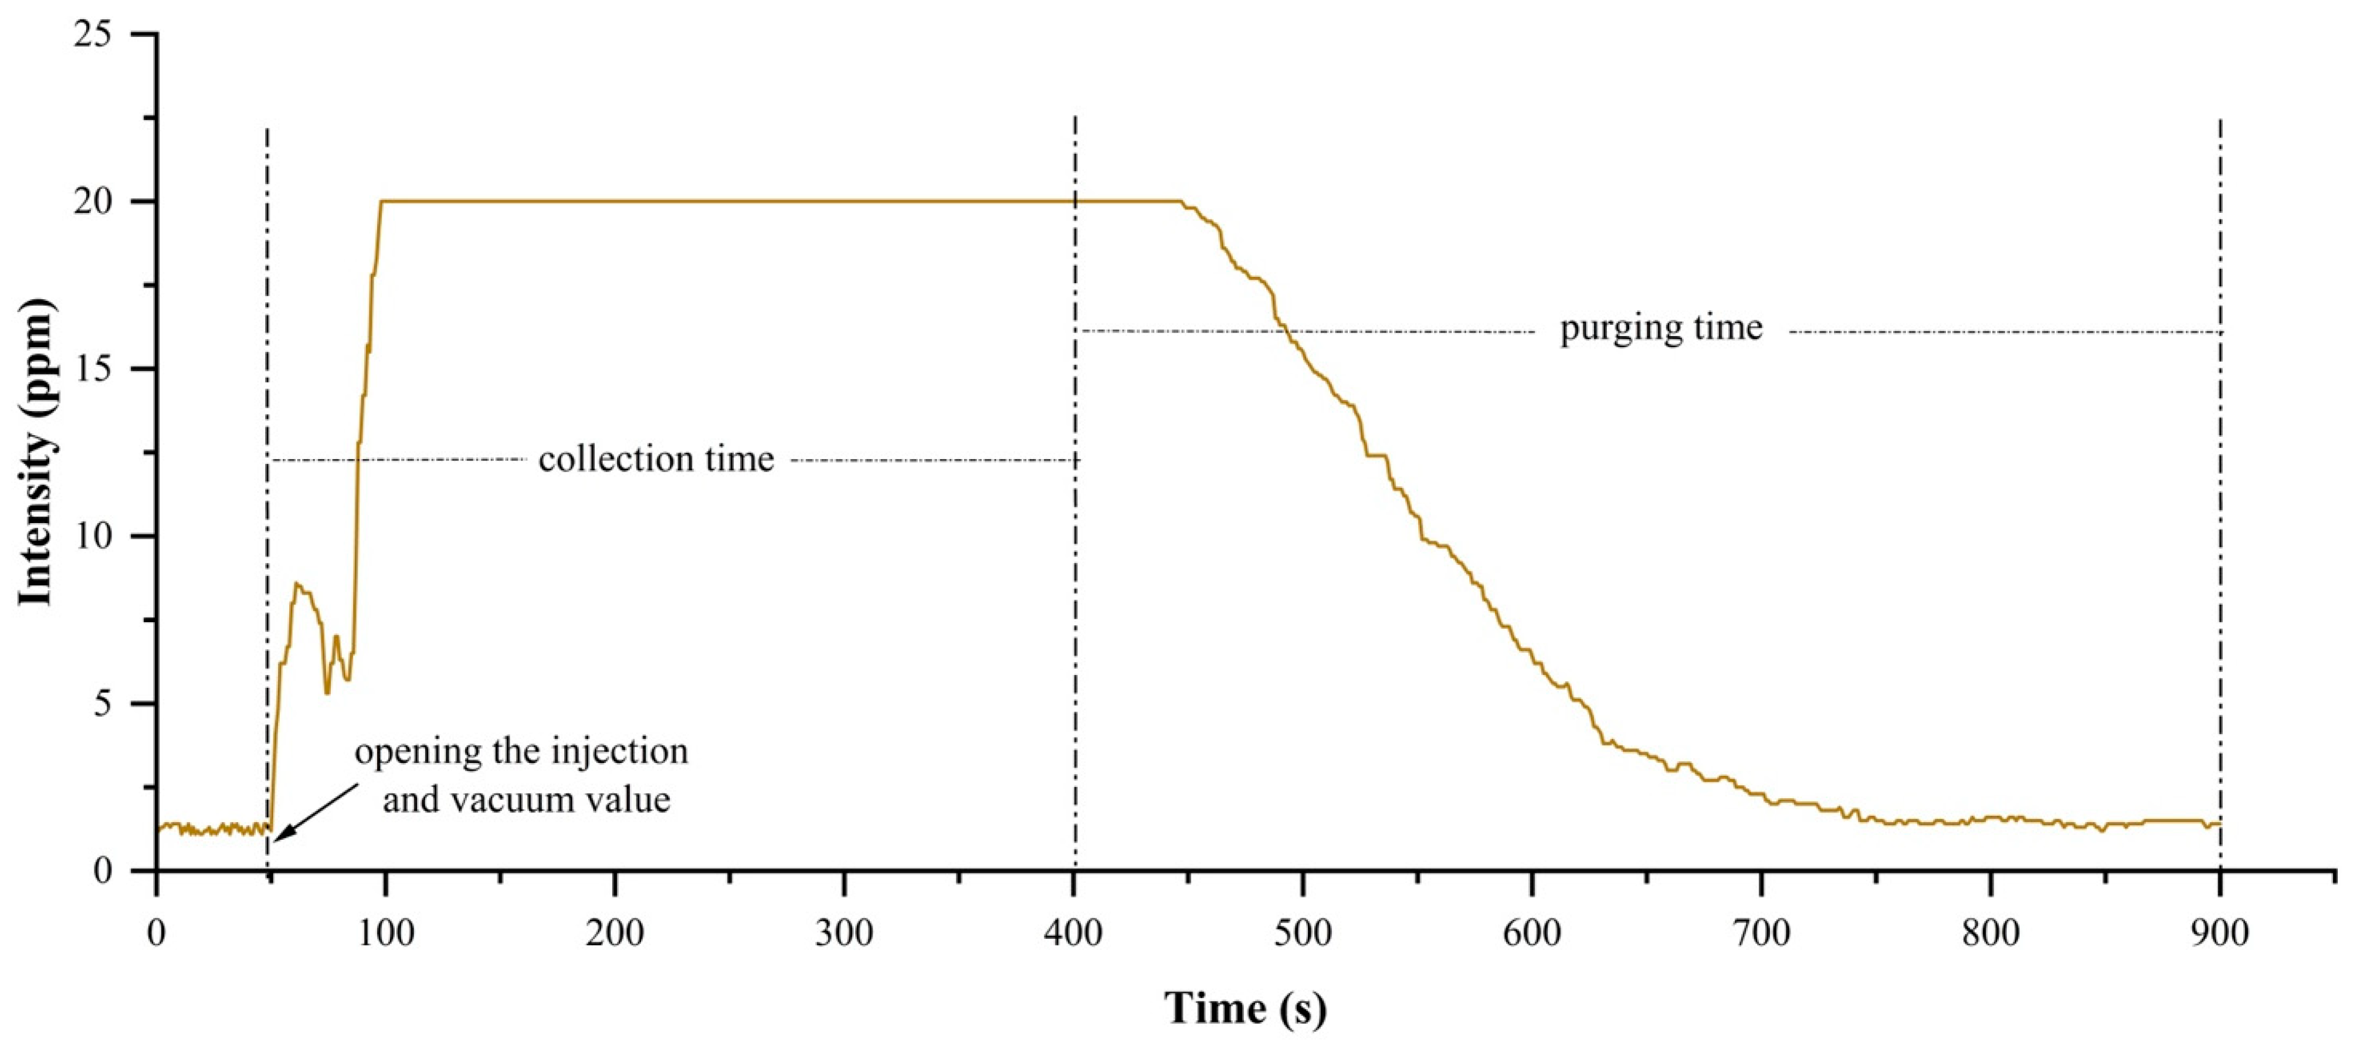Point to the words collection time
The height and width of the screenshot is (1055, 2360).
tap(656, 459)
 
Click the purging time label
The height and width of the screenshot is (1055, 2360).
tap(1661, 328)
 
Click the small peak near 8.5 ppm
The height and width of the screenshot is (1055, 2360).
tap(297, 584)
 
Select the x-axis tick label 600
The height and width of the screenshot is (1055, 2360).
tap(1532, 933)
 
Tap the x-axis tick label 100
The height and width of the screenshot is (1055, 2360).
tap(386, 933)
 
